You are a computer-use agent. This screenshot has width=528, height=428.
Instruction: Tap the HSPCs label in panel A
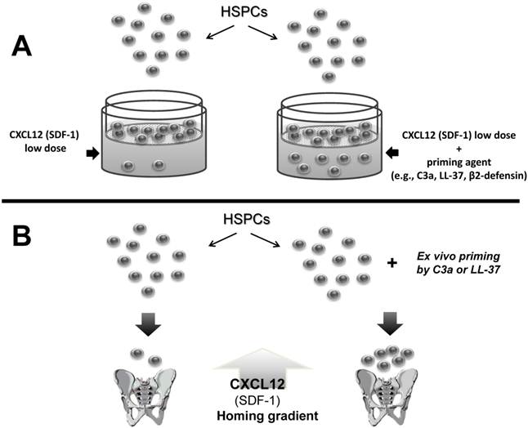pos(241,14)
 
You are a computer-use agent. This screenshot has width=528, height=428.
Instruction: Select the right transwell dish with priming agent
pos(329,137)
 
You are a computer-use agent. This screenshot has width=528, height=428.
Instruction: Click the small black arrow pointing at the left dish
pos(92,152)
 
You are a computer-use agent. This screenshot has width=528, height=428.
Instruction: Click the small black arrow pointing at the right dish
pos(395,152)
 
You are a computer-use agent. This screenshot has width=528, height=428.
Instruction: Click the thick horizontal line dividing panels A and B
pos(264,201)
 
